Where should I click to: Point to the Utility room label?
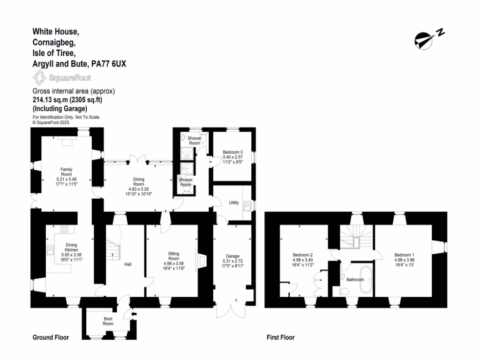(233, 203)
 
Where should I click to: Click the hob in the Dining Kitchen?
(65, 229)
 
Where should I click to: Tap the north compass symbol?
(429, 39)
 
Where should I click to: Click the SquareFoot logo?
(62, 78)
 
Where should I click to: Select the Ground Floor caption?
(51, 337)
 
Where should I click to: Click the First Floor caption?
(280, 337)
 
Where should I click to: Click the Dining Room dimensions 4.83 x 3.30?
(138, 189)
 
